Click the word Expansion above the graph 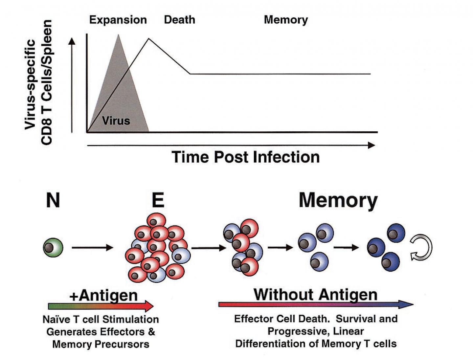[x=118, y=20]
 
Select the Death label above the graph [x=179, y=20]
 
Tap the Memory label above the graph [x=286, y=20]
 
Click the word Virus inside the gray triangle [x=116, y=121]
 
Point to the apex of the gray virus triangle [x=119, y=35]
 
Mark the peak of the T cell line [x=148, y=39]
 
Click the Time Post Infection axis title [x=245, y=157]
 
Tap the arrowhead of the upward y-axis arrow [x=72, y=41]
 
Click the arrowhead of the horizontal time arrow [x=372, y=145]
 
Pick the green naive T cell [x=53, y=248]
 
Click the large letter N [x=53, y=200]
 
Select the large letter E [x=158, y=200]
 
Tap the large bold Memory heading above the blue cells [x=338, y=200]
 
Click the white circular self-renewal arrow [x=422, y=248]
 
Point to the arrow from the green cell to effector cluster [x=92, y=248]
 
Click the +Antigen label [x=103, y=295]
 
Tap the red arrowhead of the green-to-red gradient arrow [x=148, y=306]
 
